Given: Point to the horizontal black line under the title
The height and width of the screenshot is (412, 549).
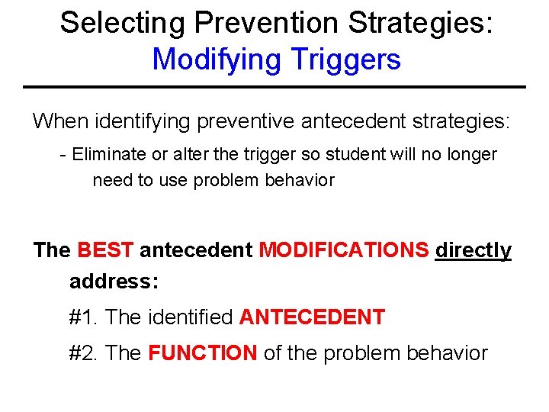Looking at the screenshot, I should pos(274,87).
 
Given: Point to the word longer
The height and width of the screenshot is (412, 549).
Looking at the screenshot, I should pos(470,155).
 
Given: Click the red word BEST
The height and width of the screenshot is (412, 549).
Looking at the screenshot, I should pos(106,250).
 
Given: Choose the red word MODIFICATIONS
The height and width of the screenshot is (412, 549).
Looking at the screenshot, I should pos(344,250).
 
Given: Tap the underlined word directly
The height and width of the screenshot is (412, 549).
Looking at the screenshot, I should pos(473,250).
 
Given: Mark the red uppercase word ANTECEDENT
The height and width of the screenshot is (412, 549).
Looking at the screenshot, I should pos(312,317).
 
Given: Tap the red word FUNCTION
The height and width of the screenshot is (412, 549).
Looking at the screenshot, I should pos(202,353).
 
